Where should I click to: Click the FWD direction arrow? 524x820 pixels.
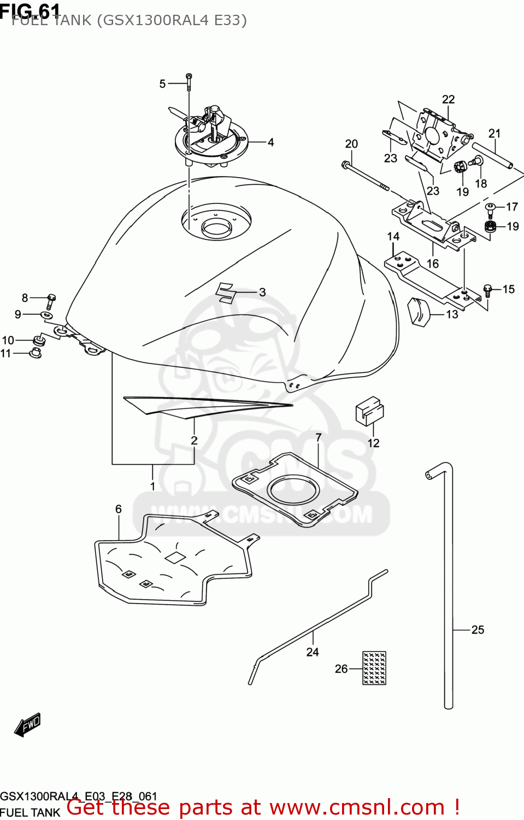[x=27, y=724]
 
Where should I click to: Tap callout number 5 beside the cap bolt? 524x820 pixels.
[x=162, y=84]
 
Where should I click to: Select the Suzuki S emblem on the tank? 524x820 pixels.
[x=225, y=292]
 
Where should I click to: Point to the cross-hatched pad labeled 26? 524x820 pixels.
[x=374, y=667]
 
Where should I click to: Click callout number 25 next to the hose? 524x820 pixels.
[x=478, y=630]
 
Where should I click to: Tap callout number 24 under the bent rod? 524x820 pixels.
[x=313, y=652]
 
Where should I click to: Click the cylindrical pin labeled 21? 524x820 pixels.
[x=492, y=155]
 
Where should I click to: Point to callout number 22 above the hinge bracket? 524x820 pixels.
[x=448, y=99]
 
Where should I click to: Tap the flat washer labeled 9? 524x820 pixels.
[x=47, y=315]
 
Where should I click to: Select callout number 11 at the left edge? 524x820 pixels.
[x=5, y=353]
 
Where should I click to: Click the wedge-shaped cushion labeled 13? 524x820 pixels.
[x=419, y=312]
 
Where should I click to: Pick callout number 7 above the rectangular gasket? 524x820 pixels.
[x=319, y=437]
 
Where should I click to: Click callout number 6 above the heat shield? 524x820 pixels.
[x=119, y=509]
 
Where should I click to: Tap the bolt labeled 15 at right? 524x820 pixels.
[x=488, y=289]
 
